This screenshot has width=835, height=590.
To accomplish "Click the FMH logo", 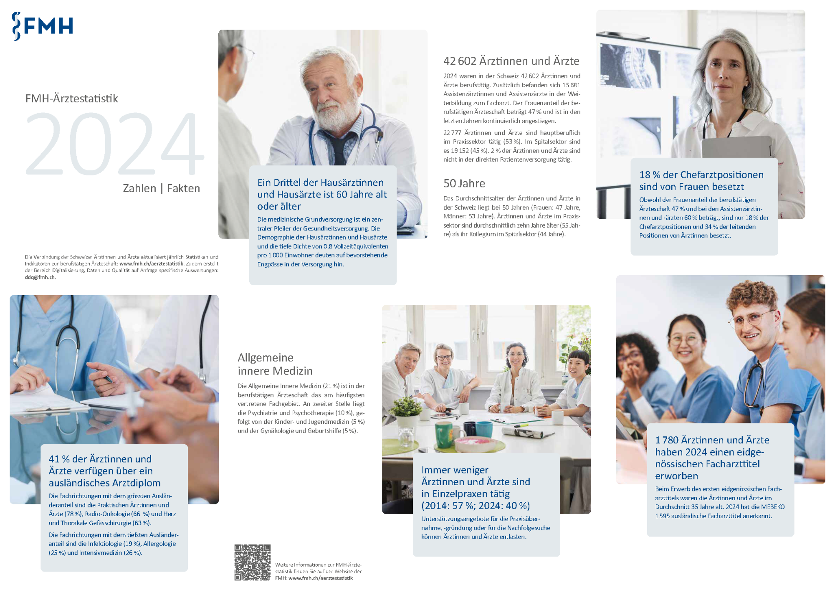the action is point(43,26).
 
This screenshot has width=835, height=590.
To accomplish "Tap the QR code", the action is point(252,562).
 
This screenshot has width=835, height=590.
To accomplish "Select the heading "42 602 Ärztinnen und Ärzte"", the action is point(511,61).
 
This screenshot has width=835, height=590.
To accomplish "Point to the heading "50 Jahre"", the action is point(464,183).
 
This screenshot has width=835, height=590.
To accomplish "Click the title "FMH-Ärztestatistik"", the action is point(72,99).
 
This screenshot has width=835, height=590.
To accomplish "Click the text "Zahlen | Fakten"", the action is point(162,188).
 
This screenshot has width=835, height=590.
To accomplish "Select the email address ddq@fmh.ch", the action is point(40,277).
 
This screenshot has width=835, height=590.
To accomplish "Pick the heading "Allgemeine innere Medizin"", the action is point(275,364).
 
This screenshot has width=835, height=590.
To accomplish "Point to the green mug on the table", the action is point(443,436).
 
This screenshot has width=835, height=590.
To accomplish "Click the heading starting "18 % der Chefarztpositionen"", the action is point(701,181).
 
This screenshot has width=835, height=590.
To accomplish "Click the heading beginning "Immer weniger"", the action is point(476,488).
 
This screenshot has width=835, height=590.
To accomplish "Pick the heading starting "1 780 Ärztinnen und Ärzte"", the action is point(712,458).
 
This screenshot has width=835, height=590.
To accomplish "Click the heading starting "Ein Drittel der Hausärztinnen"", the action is point(322,194).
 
